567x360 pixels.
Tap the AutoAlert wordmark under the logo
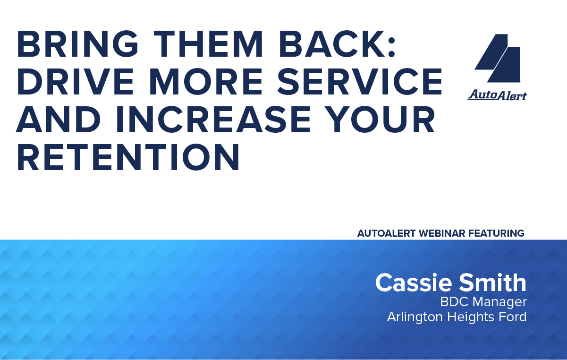[x=497, y=95]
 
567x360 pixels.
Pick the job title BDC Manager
[x=483, y=301]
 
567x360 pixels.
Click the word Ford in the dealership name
[x=513, y=317]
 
